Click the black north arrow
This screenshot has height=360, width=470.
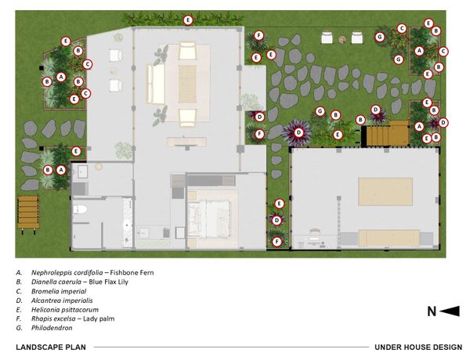click(x=450, y=311)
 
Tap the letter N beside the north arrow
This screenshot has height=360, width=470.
click(x=432, y=311)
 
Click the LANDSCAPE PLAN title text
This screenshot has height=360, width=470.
click(x=51, y=347)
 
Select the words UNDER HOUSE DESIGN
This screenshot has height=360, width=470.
click(x=418, y=347)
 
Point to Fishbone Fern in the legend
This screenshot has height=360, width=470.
click(x=132, y=272)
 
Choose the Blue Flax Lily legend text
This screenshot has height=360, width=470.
click(x=109, y=282)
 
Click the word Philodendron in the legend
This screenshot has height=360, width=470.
click(x=52, y=328)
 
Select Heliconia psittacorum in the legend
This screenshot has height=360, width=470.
click(x=65, y=310)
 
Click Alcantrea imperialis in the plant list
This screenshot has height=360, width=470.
click(x=62, y=301)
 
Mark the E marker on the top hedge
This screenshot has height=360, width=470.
click(x=188, y=20)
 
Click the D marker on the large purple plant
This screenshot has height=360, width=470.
click(x=298, y=132)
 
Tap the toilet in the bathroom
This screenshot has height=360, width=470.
click(x=80, y=210)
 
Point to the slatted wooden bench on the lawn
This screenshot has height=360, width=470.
click(x=28, y=212)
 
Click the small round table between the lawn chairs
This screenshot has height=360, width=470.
click(x=342, y=39)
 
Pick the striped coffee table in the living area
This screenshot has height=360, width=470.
click(x=187, y=84)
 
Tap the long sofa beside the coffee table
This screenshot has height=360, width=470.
click(x=155, y=84)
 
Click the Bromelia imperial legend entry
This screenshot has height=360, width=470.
click(x=59, y=291)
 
